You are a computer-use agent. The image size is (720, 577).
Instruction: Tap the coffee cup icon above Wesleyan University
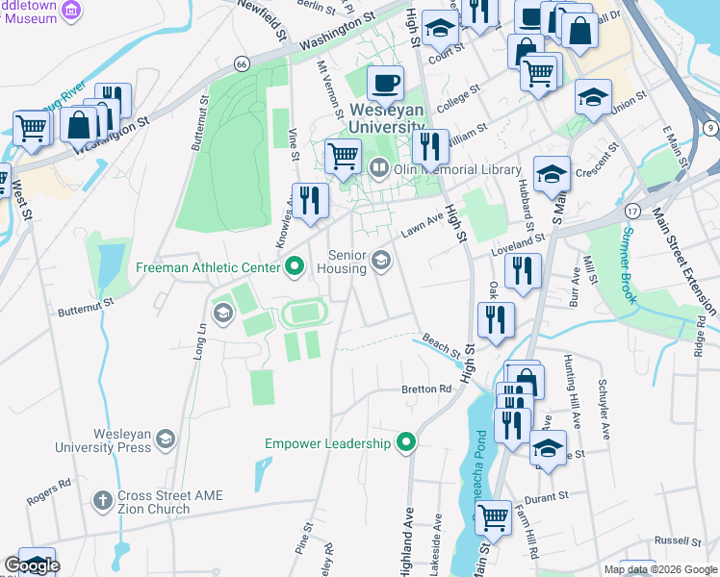click(x=386, y=83)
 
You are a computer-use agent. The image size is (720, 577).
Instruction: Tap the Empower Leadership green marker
click(x=406, y=443)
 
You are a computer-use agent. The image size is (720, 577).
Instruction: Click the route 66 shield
click(x=241, y=63)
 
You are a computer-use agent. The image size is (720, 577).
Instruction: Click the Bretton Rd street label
click(x=426, y=389)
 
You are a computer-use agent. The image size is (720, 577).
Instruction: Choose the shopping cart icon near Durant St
click(x=494, y=516)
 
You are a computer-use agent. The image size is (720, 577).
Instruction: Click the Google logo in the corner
click(x=31, y=565)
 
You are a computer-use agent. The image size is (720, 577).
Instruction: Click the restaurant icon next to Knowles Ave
click(x=310, y=199)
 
